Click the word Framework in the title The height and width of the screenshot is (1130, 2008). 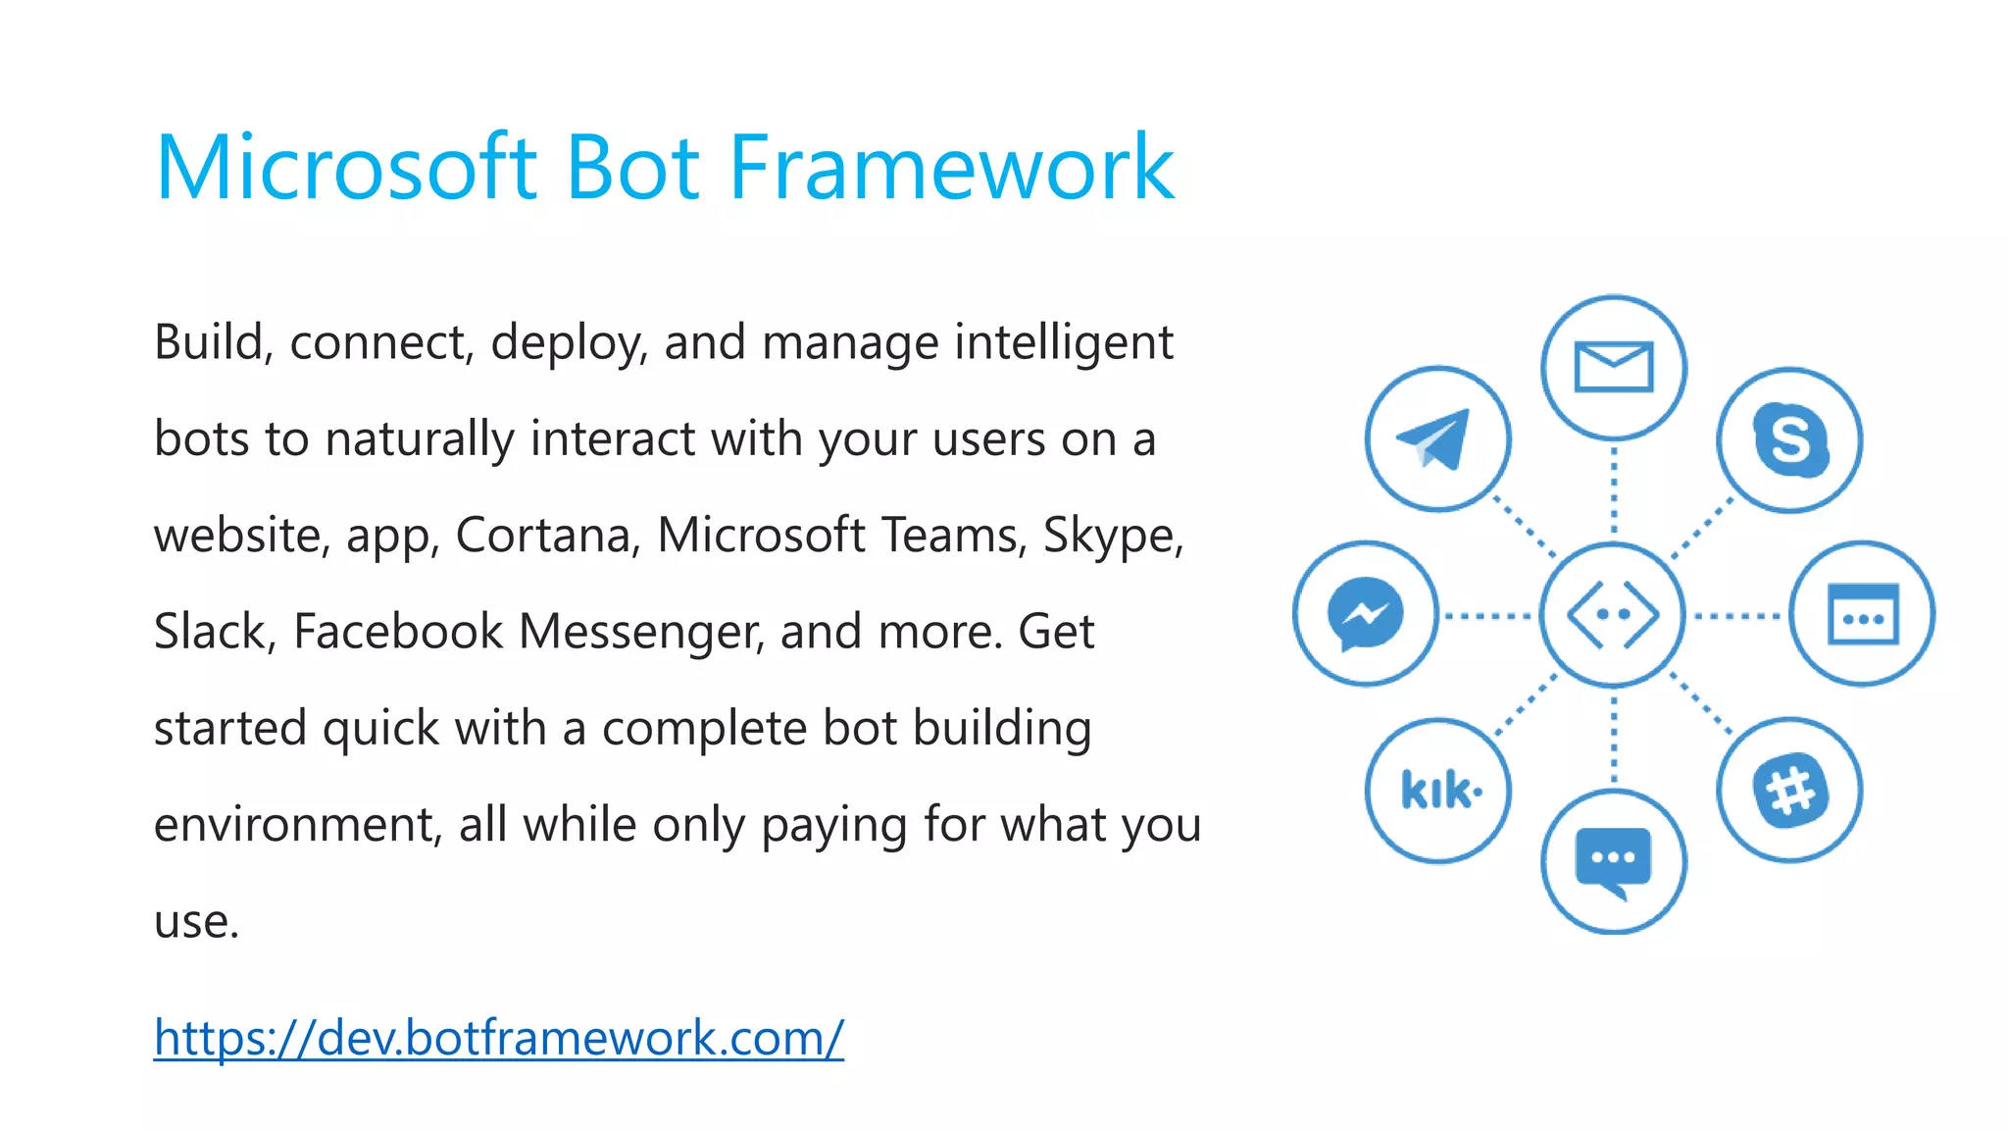tap(951, 169)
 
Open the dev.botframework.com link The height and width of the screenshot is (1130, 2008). tap(498, 1038)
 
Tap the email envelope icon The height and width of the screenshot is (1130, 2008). tap(1613, 368)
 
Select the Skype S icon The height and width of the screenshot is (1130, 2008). tap(1789, 440)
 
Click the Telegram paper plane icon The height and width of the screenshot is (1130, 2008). tap(1437, 439)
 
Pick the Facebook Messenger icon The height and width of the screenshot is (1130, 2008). tap(1365, 615)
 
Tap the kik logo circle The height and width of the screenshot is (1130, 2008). tap(1438, 791)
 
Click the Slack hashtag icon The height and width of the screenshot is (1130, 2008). tap(1789, 791)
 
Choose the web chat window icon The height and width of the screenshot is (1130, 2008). tap(1862, 615)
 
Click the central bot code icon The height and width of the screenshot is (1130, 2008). tap(1613, 615)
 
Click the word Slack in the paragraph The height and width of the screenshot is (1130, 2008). tap(210, 632)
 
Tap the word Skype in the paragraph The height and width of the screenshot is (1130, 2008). tap(1112, 536)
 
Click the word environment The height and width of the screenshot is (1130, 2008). tap(292, 825)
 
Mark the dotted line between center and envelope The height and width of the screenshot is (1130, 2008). tap(1613, 490)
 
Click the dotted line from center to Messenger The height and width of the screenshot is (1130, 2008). tap(1488, 616)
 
